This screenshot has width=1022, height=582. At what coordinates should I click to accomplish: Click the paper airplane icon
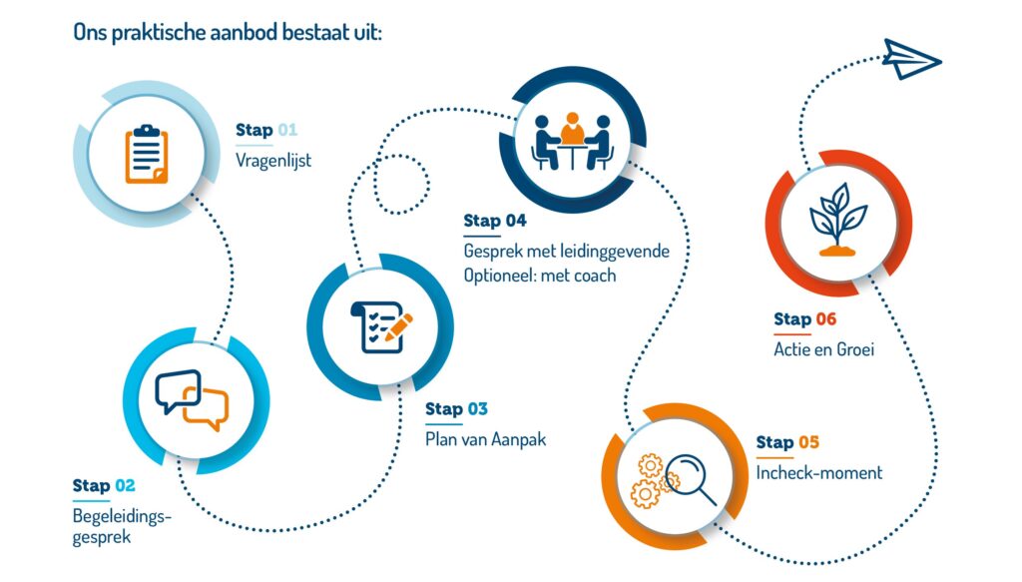pyautogui.click(x=911, y=59)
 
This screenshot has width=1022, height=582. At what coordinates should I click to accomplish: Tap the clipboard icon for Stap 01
pyautogui.click(x=147, y=154)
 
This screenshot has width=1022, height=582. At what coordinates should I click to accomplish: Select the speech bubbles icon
pyautogui.click(x=192, y=400)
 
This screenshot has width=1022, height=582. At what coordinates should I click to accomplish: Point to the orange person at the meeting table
pyautogui.click(x=572, y=129)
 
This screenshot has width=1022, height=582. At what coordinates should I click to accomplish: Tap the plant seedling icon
pyautogui.click(x=837, y=220)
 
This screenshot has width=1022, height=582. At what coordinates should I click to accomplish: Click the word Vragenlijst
pyautogui.click(x=273, y=161)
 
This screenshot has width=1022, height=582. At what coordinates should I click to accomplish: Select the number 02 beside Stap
pyautogui.click(x=125, y=485)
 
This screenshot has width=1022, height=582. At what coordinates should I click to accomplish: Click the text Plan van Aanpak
pyautogui.click(x=486, y=439)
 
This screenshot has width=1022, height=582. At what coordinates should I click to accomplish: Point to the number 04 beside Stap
pyautogui.click(x=516, y=221)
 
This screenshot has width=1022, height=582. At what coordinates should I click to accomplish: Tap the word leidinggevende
pyautogui.click(x=614, y=251)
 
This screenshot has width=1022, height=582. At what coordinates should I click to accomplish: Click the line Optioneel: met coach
pyautogui.click(x=540, y=276)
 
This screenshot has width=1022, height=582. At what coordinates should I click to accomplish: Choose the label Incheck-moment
pyautogui.click(x=819, y=472)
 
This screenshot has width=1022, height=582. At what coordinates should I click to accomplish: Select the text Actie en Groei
pyautogui.click(x=823, y=349)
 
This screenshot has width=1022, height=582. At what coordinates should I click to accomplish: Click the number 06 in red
pyautogui.click(x=825, y=319)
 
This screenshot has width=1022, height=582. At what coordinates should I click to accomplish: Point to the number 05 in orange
pyautogui.click(x=808, y=442)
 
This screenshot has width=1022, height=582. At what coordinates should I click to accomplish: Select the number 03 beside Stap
pyautogui.click(x=477, y=409)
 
